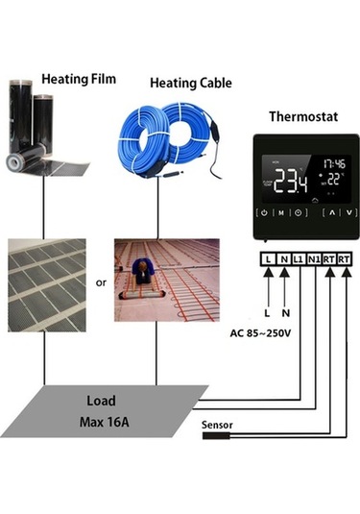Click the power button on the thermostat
[x=263, y=213]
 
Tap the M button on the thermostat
[x=280, y=213]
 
